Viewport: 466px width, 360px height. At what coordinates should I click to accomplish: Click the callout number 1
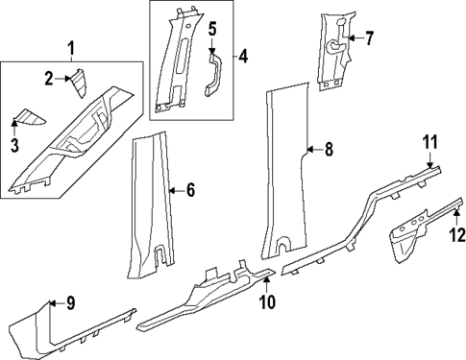point(69,46)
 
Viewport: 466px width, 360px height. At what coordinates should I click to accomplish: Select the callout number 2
point(48,77)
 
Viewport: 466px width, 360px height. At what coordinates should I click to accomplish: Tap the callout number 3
point(13,145)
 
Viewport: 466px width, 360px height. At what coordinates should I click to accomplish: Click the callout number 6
point(189,191)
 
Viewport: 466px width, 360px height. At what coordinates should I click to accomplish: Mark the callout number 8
point(328,149)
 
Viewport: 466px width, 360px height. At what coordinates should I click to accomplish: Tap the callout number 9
point(70,303)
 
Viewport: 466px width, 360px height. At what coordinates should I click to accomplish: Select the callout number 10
point(267,303)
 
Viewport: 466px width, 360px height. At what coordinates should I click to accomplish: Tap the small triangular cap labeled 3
point(32,118)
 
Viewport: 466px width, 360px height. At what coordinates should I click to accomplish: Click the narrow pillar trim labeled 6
point(151,202)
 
